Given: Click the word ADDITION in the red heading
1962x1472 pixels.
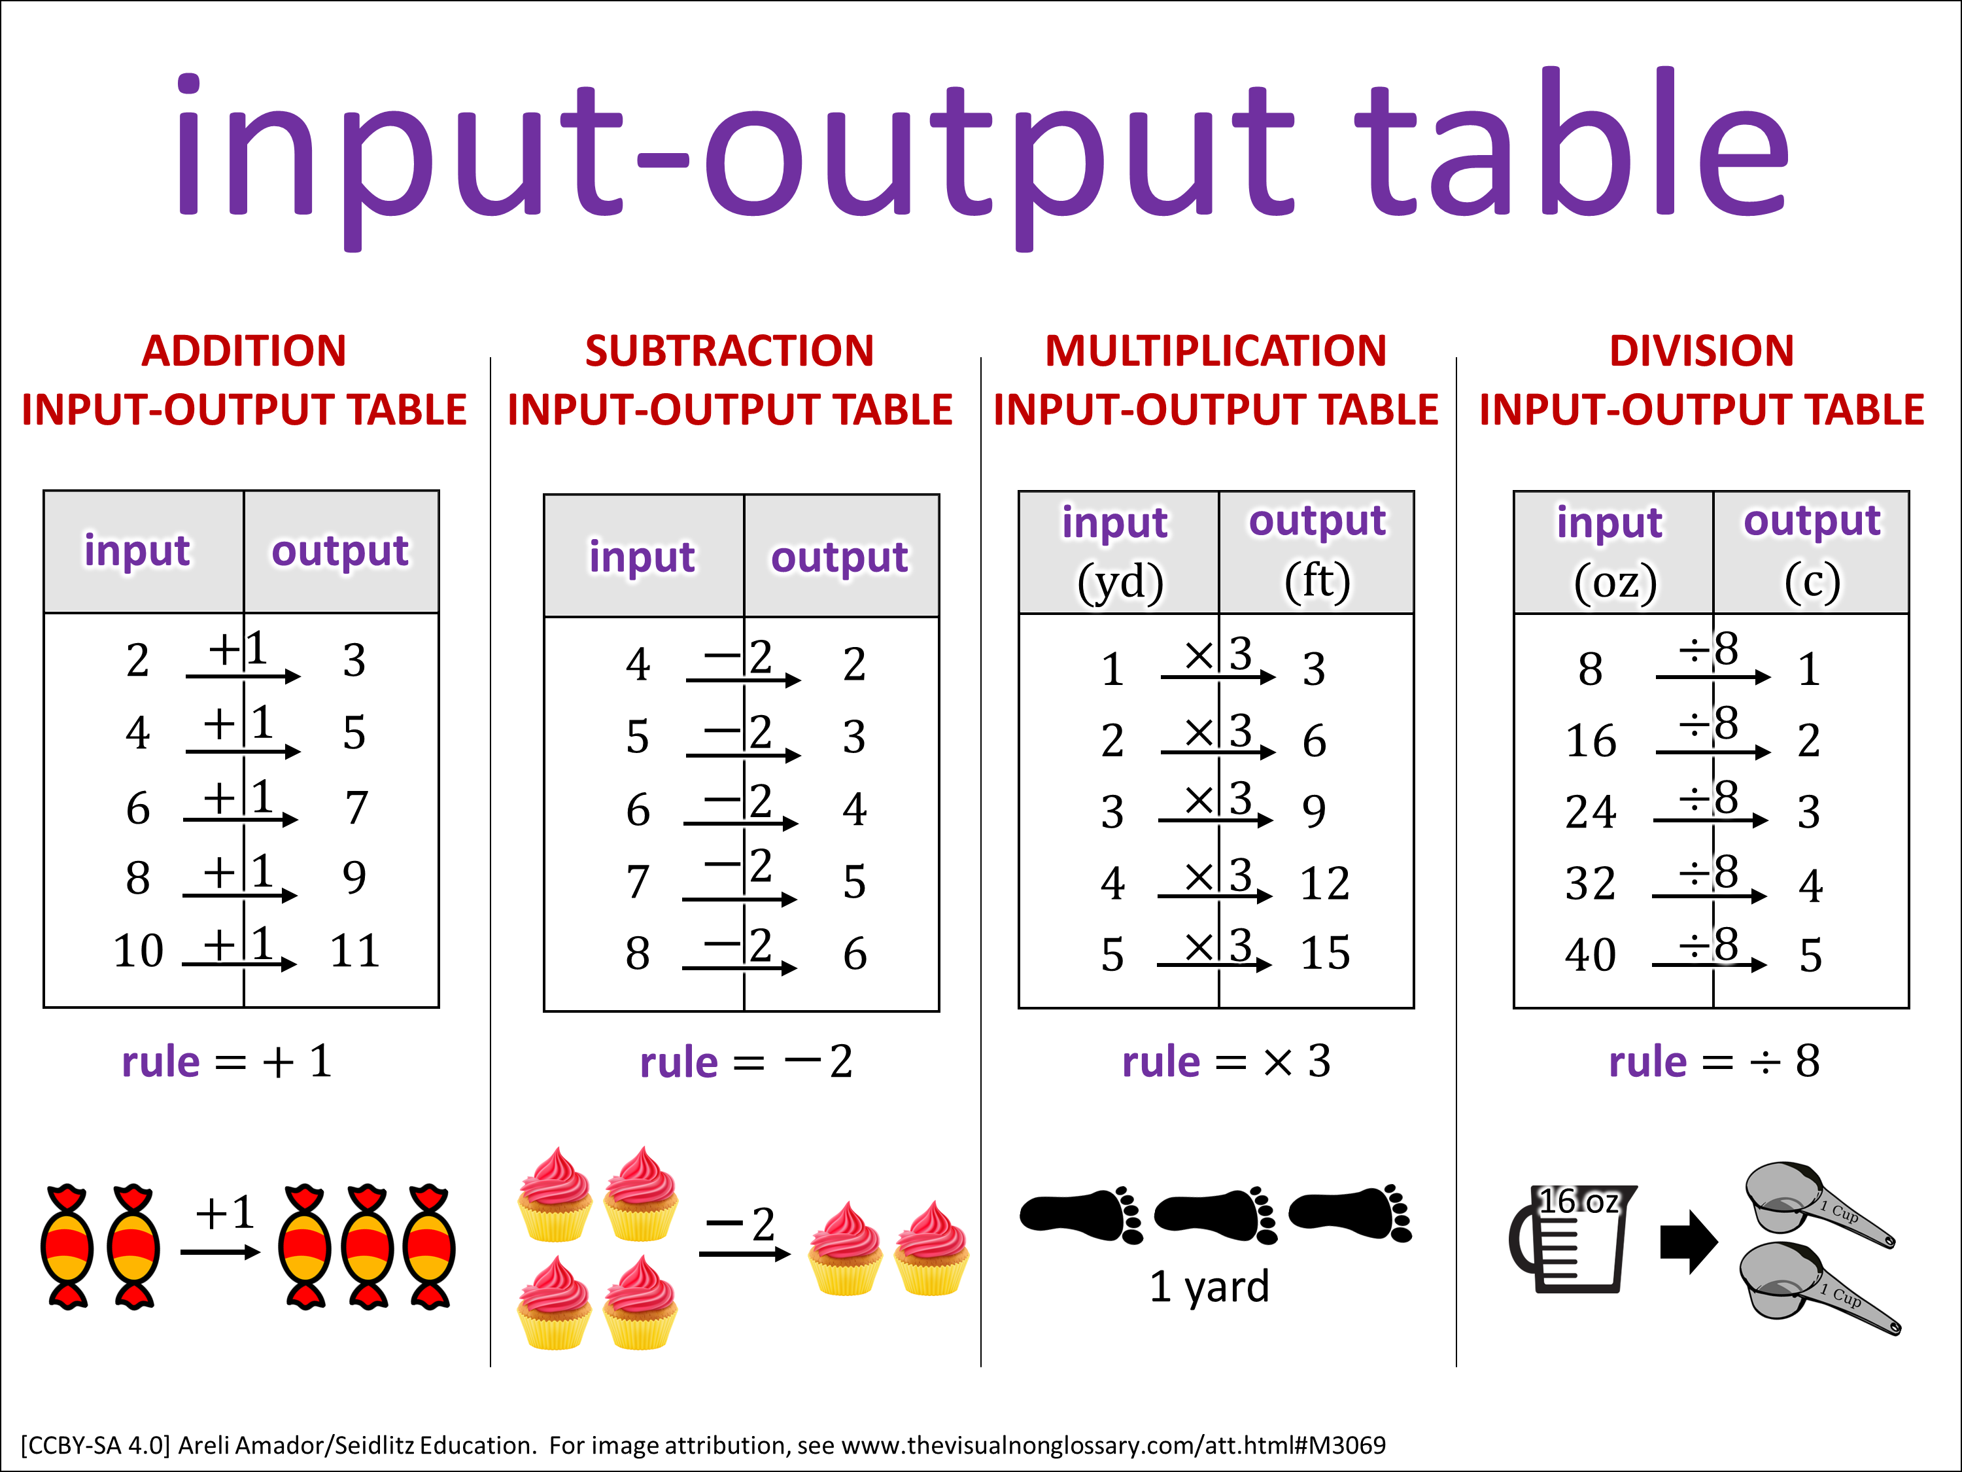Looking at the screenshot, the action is [x=244, y=351].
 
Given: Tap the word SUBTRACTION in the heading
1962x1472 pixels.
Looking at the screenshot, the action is [x=729, y=351].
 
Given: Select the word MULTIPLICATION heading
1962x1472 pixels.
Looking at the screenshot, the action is [x=1215, y=351].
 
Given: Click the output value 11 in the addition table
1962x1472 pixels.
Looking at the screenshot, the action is [x=354, y=951].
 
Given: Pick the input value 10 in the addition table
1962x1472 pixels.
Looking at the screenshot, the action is [x=139, y=951].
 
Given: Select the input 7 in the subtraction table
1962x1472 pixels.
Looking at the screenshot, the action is [x=638, y=882].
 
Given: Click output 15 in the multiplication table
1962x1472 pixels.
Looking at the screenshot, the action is [x=1325, y=953].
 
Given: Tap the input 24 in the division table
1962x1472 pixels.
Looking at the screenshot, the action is [x=1591, y=811].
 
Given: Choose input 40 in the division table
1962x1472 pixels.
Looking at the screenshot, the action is [x=1591, y=955].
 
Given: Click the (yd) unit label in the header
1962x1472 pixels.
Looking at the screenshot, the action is [x=1120, y=582].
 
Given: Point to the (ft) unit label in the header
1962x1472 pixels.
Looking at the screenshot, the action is [x=1317, y=581].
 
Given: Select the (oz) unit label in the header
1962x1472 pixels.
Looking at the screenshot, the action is [x=1615, y=582].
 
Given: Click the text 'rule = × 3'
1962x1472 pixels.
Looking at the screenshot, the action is [x=1227, y=1061].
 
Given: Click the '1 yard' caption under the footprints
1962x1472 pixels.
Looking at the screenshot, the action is [x=1209, y=1287].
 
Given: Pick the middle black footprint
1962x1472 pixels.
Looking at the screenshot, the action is [x=1215, y=1214].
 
